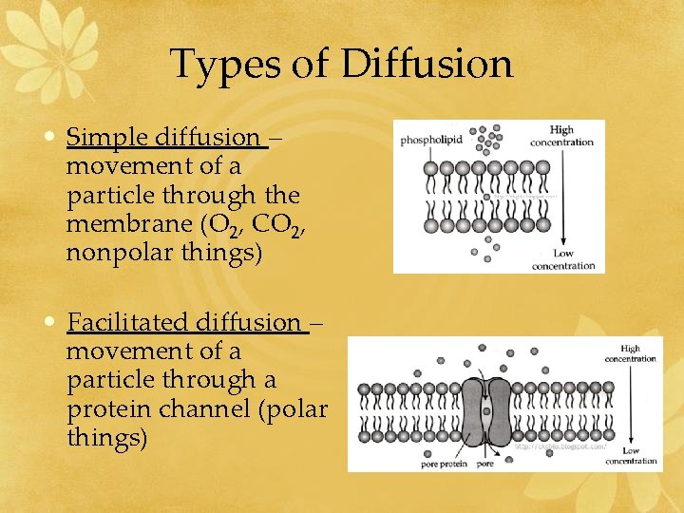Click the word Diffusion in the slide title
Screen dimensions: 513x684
pos(427,65)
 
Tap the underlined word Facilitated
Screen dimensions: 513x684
pos(128,322)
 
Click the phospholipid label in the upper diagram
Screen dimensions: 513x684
pos(431,140)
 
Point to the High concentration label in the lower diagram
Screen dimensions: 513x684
pos(630,353)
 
